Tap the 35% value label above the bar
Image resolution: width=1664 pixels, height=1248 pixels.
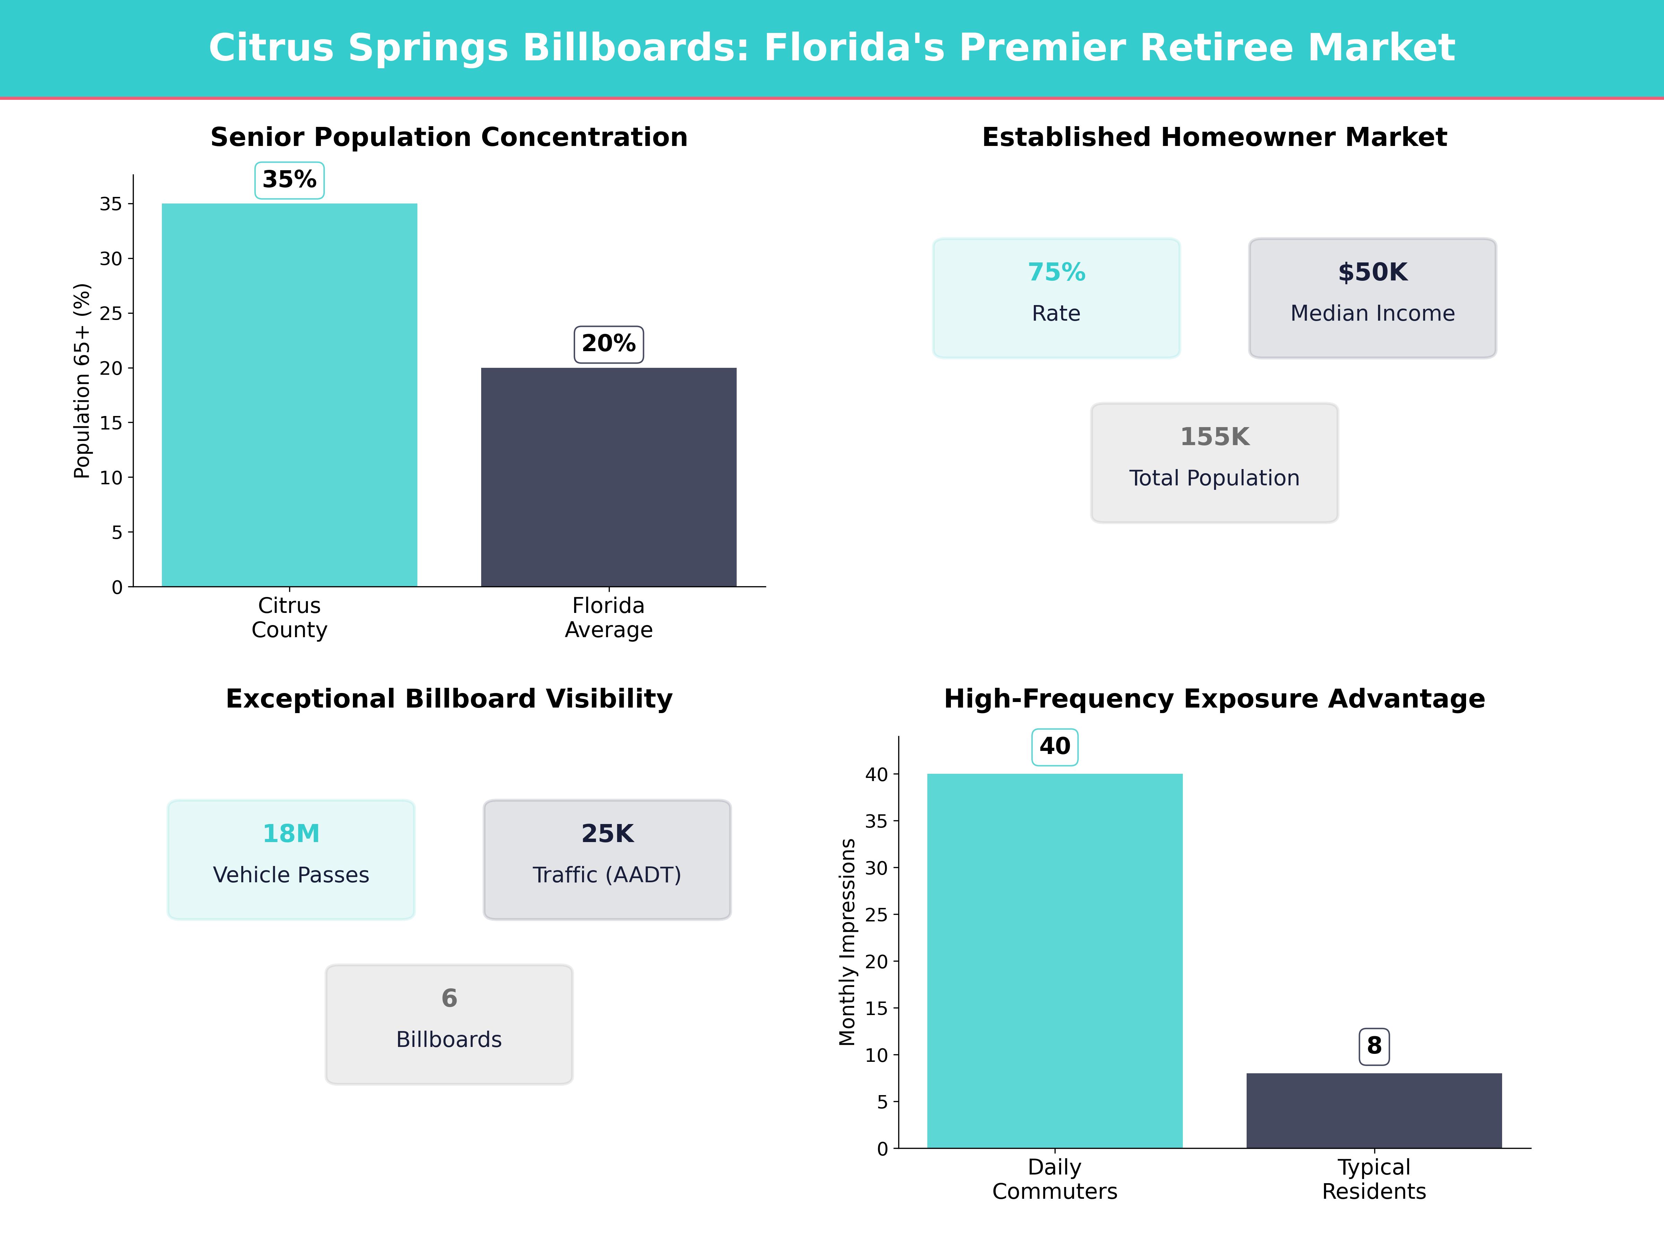[289, 180]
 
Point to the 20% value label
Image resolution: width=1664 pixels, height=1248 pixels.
[609, 344]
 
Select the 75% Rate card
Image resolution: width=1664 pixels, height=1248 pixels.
[1056, 298]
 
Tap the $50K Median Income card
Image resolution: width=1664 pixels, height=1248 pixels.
[1372, 298]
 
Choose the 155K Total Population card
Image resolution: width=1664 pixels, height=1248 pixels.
[1214, 463]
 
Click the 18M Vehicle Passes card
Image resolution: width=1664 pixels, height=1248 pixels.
[291, 859]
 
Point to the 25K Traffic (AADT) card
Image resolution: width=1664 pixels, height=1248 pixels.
[607, 859]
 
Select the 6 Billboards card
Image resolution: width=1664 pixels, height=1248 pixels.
[449, 1024]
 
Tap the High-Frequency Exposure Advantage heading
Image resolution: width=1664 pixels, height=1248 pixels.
[1214, 699]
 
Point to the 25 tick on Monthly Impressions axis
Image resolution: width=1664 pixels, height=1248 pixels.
[876, 915]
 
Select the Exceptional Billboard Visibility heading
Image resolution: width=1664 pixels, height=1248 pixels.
[449, 699]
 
